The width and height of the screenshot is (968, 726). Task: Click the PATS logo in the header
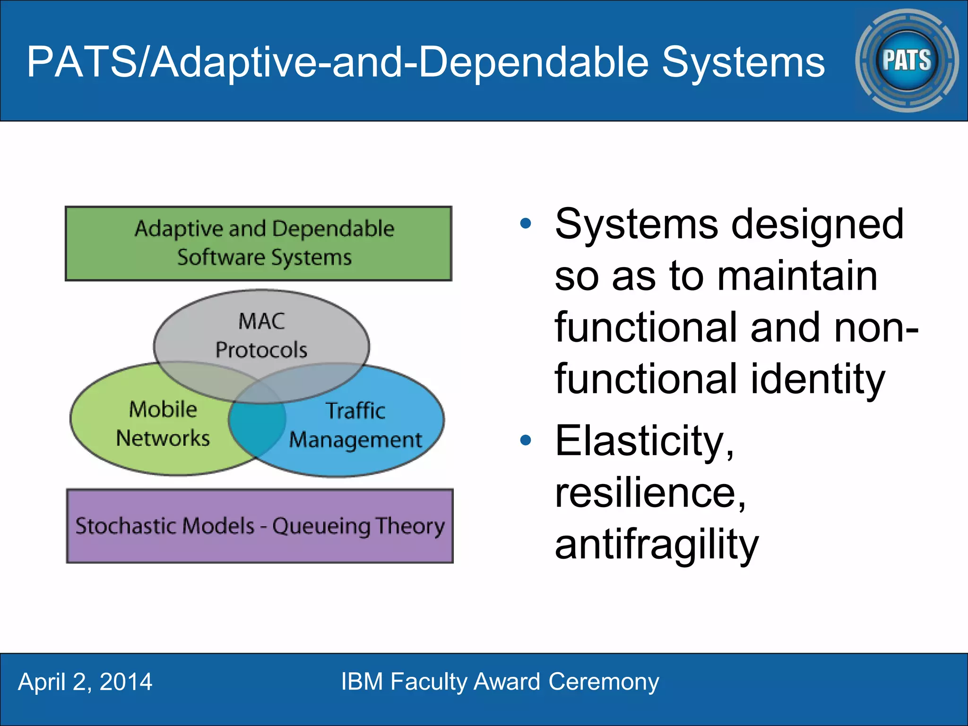(907, 60)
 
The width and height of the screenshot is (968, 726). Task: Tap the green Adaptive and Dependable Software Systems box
(259, 243)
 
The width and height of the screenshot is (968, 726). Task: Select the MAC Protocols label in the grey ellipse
(261, 336)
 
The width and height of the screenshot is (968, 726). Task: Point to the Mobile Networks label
(163, 423)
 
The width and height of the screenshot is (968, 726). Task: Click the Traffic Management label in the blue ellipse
(355, 425)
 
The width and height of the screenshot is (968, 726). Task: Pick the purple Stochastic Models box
(259, 526)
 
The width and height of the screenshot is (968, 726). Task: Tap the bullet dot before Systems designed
(526, 223)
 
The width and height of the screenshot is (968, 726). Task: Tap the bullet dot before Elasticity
(526, 441)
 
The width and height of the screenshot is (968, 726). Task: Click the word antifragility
(657, 544)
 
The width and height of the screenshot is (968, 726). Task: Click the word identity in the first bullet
(817, 379)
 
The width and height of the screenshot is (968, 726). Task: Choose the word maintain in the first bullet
(797, 276)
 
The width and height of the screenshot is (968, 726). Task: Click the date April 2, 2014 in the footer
(85, 682)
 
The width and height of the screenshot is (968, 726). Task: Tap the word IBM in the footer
(362, 682)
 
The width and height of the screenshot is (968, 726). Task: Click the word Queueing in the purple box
(321, 527)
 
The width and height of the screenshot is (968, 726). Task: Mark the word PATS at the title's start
(81, 62)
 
